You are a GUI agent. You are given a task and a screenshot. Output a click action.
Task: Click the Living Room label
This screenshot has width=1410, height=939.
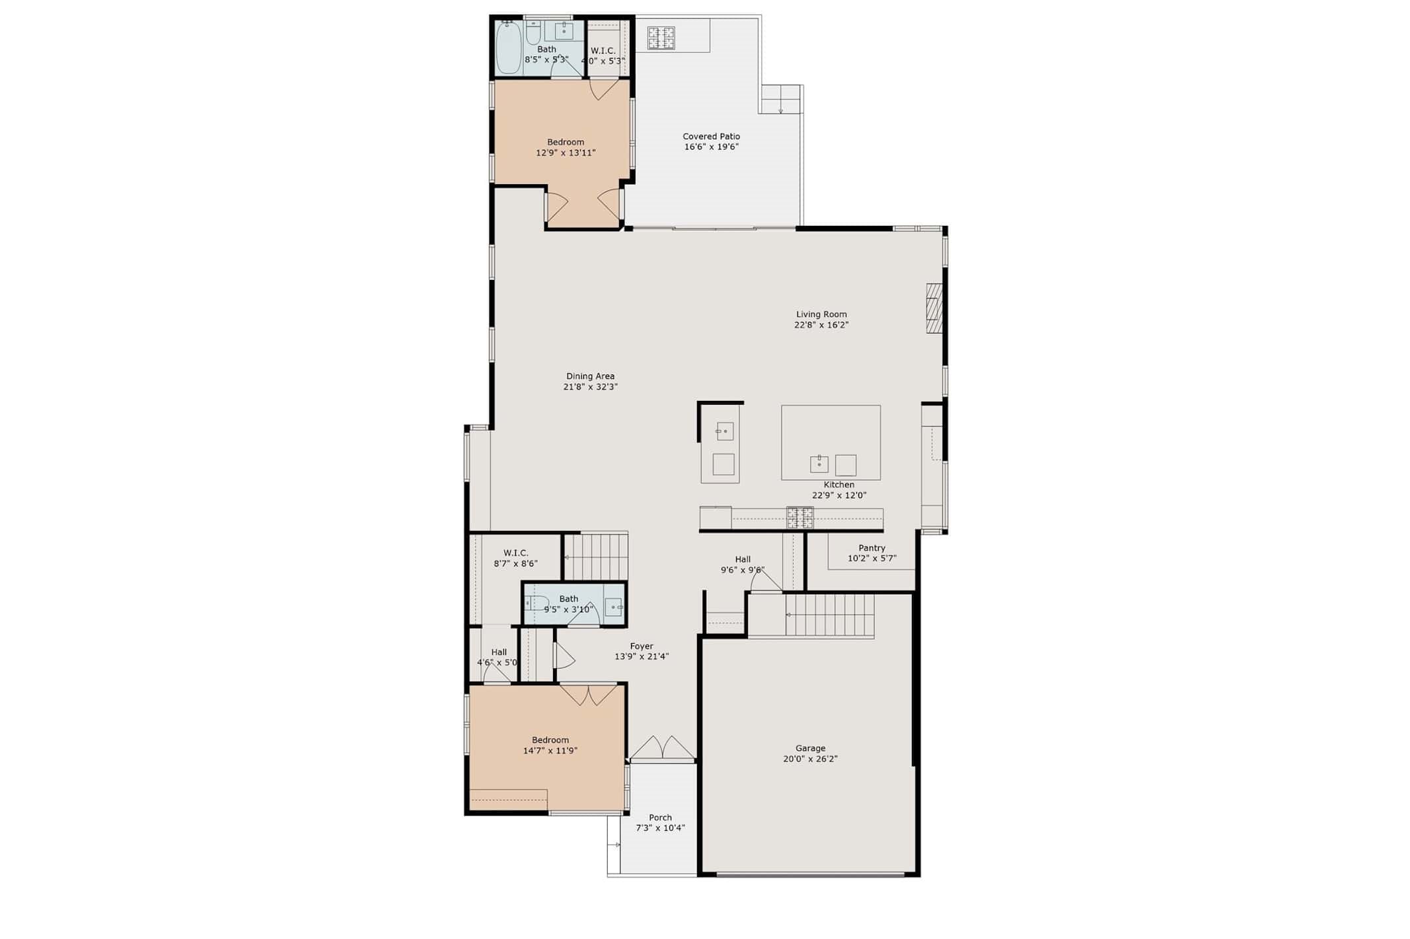pyautogui.click(x=821, y=314)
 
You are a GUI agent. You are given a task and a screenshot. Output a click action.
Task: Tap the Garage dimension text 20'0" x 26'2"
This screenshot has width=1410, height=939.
pyautogui.click(x=810, y=759)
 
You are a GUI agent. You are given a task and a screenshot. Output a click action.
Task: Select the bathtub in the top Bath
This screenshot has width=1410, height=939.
pyautogui.click(x=509, y=48)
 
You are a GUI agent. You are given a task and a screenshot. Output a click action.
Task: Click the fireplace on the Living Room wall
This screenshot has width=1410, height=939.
pyautogui.click(x=934, y=308)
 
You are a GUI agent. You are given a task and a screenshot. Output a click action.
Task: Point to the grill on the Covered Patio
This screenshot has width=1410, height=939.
pyautogui.click(x=661, y=38)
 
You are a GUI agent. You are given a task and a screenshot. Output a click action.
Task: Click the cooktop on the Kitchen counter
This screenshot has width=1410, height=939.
pyautogui.click(x=799, y=518)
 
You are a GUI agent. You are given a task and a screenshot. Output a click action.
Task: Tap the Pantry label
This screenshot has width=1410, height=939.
pyautogui.click(x=872, y=547)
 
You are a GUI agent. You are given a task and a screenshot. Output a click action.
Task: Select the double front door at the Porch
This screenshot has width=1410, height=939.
pyautogui.click(x=662, y=749)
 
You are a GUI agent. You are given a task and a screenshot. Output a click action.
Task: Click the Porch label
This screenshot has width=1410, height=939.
pyautogui.click(x=660, y=817)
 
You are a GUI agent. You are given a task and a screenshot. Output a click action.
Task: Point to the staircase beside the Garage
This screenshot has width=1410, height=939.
pyautogui.click(x=829, y=615)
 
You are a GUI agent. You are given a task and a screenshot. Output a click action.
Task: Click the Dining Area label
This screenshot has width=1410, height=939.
pyautogui.click(x=590, y=376)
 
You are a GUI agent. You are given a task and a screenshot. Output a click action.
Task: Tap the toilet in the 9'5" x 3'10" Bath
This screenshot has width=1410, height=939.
pyautogui.click(x=535, y=602)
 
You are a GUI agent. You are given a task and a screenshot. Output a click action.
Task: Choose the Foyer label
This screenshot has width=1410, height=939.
pyautogui.click(x=641, y=646)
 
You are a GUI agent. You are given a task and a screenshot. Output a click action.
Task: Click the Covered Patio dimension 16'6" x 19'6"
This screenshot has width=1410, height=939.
pyautogui.click(x=711, y=147)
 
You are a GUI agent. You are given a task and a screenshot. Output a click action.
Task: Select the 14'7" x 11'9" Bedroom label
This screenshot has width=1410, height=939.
pyautogui.click(x=550, y=740)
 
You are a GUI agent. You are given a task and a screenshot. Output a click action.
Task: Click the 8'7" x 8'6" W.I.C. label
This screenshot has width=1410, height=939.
pyautogui.click(x=515, y=553)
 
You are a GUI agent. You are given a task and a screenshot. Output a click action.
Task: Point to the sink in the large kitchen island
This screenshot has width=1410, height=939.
pyautogui.click(x=819, y=464)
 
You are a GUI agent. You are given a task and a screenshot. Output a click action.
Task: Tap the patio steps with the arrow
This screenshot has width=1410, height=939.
pyautogui.click(x=781, y=100)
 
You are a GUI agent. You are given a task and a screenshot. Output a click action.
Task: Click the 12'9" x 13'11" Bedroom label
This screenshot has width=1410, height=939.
pyautogui.click(x=566, y=142)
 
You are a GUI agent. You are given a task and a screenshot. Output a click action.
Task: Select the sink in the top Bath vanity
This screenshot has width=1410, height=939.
pyautogui.click(x=564, y=30)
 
